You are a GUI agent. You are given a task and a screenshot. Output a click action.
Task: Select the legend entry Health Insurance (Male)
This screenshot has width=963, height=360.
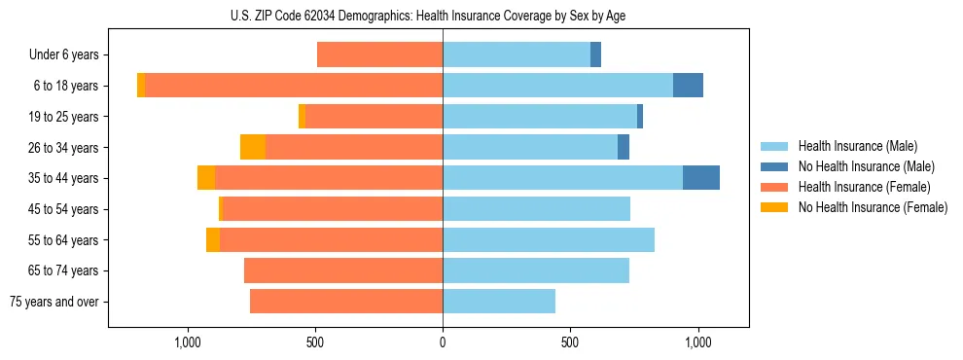(857, 146)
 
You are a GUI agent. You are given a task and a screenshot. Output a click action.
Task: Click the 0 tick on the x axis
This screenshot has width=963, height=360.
(443, 342)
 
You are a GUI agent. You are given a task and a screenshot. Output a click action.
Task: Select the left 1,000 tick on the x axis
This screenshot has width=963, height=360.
(187, 342)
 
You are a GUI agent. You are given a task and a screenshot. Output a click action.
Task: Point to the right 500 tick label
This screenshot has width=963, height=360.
(571, 342)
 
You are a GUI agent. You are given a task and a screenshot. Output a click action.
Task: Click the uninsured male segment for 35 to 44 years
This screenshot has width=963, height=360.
(701, 178)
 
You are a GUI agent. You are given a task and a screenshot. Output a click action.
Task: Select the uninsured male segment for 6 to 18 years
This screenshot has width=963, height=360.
(688, 86)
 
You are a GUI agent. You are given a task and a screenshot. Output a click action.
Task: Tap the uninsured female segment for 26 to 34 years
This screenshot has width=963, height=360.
(253, 147)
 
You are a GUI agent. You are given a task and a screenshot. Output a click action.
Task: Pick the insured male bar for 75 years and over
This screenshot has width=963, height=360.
(499, 302)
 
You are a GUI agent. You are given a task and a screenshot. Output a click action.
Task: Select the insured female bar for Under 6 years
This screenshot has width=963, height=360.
(379, 55)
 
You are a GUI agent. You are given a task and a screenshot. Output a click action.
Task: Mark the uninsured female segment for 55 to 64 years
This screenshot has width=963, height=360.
(213, 239)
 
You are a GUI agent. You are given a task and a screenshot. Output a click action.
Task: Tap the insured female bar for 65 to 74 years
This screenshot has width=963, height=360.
(343, 270)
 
